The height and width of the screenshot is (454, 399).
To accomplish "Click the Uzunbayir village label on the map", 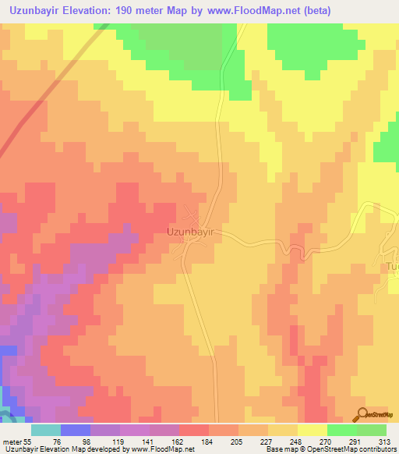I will click(190, 232).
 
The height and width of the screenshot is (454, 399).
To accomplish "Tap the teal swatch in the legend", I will click(46, 430).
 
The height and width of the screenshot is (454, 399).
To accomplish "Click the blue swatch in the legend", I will click(76, 430).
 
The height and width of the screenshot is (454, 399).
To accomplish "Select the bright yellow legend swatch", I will click(312, 430).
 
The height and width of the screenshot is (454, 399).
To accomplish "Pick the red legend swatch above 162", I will click(194, 430).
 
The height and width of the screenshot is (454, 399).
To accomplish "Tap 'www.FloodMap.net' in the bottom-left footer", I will click(162, 449).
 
